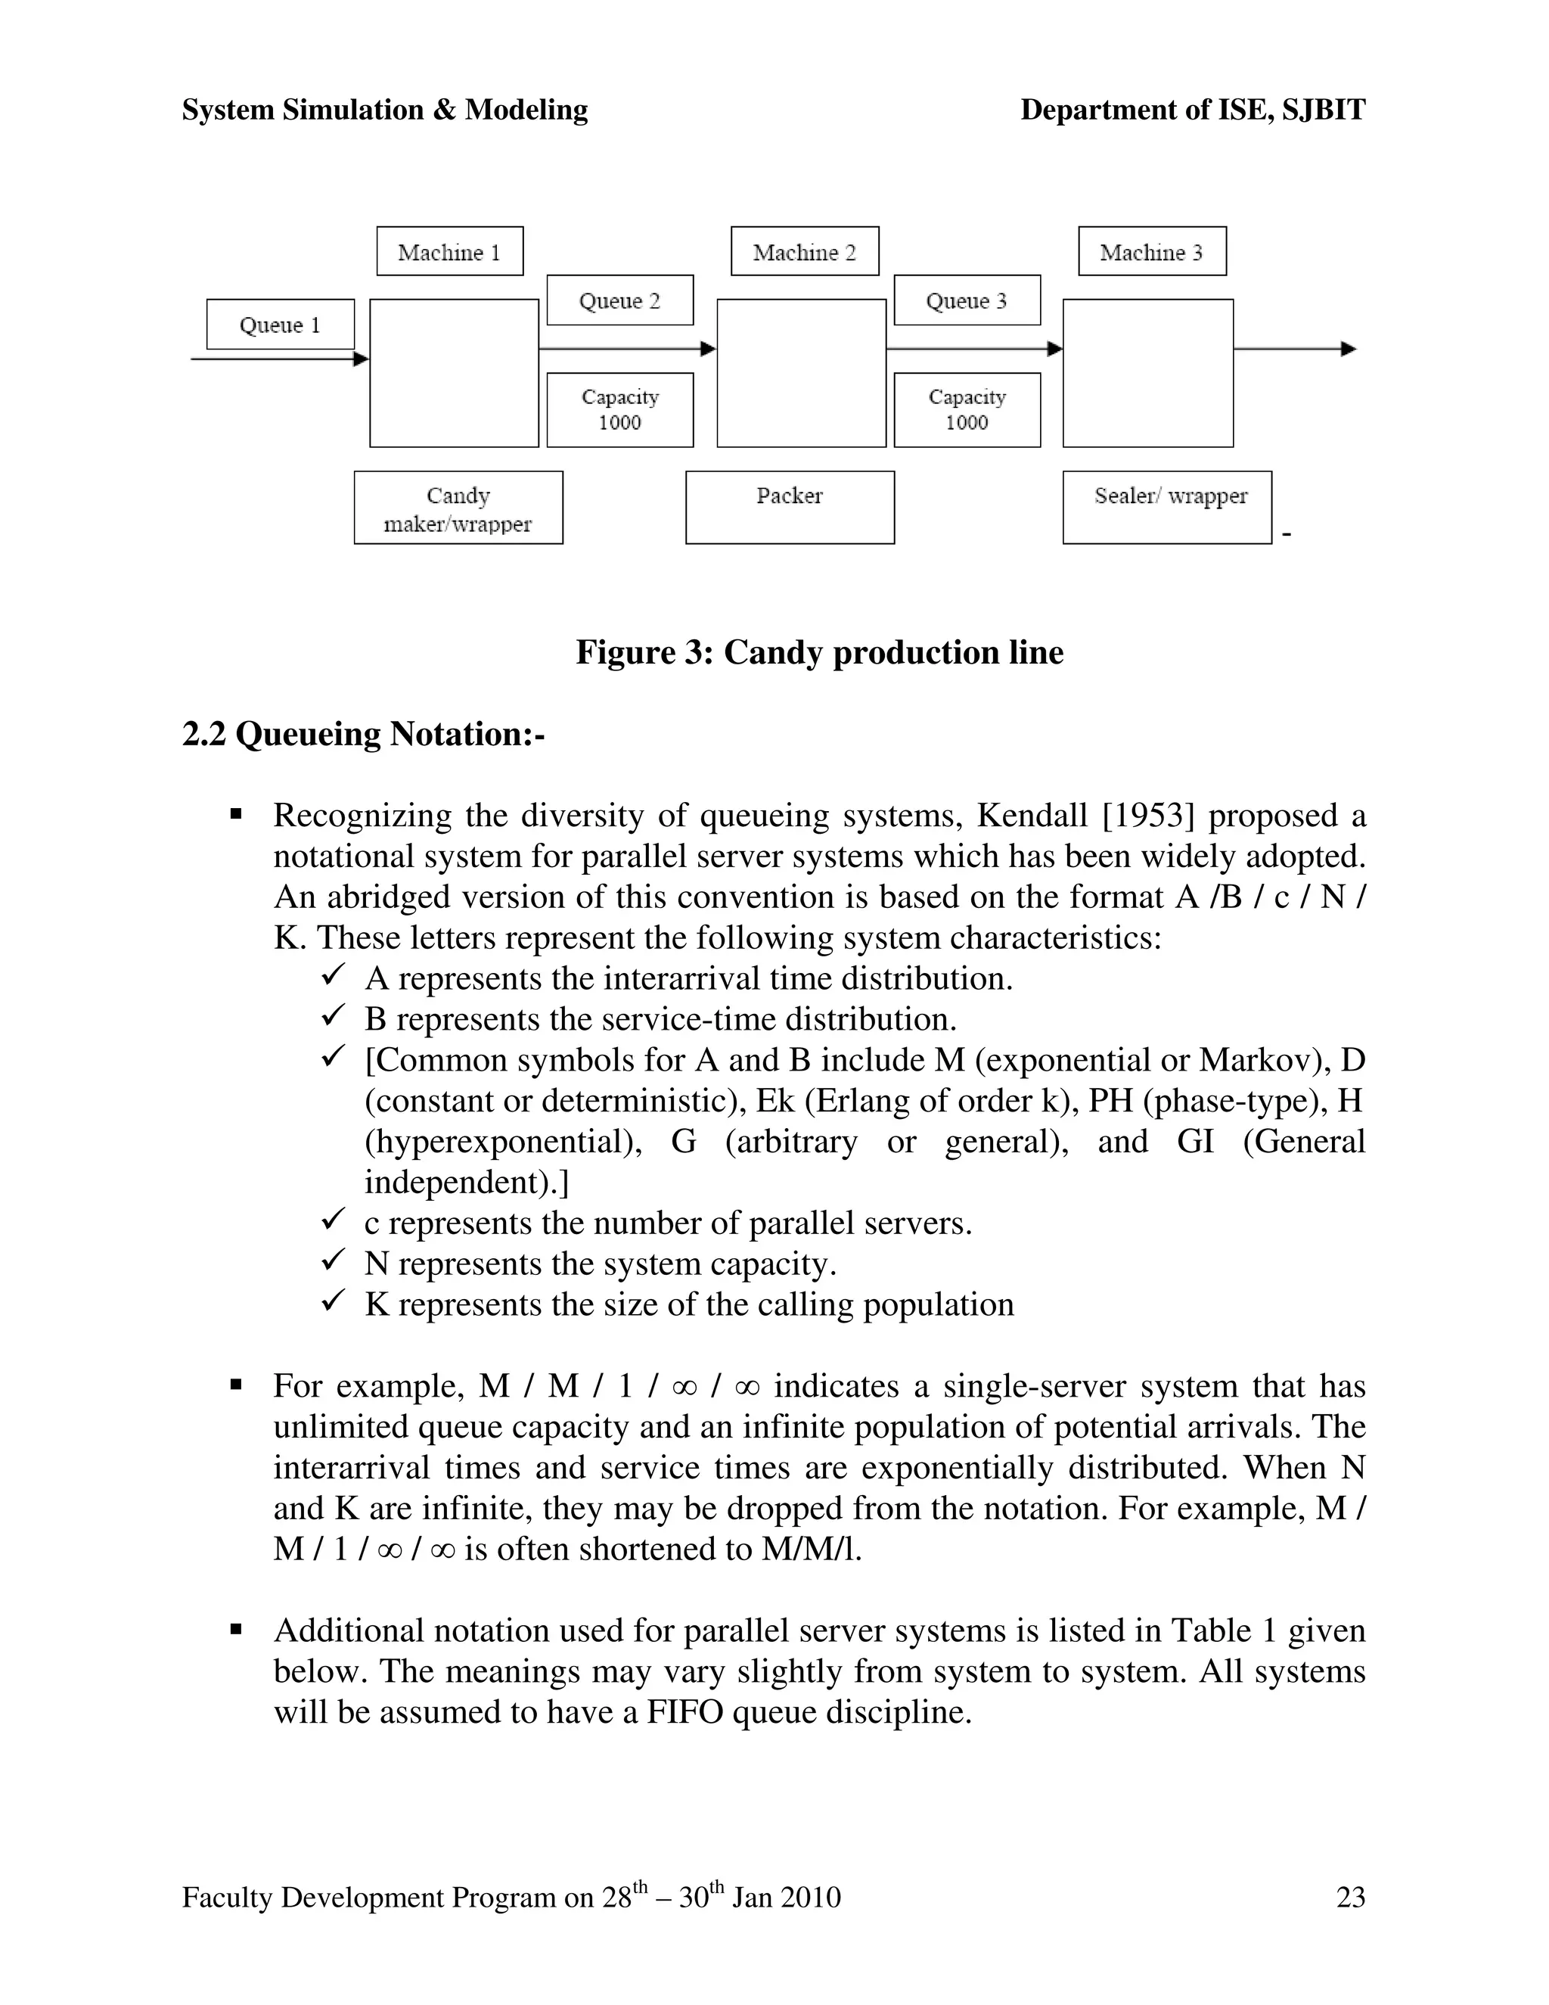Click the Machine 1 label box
[x=450, y=251]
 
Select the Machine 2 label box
[x=805, y=251]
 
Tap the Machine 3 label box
[x=1152, y=251]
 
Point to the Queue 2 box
[x=619, y=300]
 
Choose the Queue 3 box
[x=967, y=300]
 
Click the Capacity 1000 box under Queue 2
[x=619, y=409]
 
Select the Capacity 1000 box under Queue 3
[x=967, y=409]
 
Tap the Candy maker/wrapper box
[x=458, y=508]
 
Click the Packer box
[x=789, y=508]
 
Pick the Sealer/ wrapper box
[x=1166, y=508]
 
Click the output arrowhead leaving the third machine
[x=1348, y=349]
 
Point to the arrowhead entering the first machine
[x=361, y=359]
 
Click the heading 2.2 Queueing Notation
[x=363, y=735]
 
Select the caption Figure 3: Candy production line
[x=819, y=653]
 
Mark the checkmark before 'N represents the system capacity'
[x=332, y=1261]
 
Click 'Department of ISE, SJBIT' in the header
[x=1192, y=110]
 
